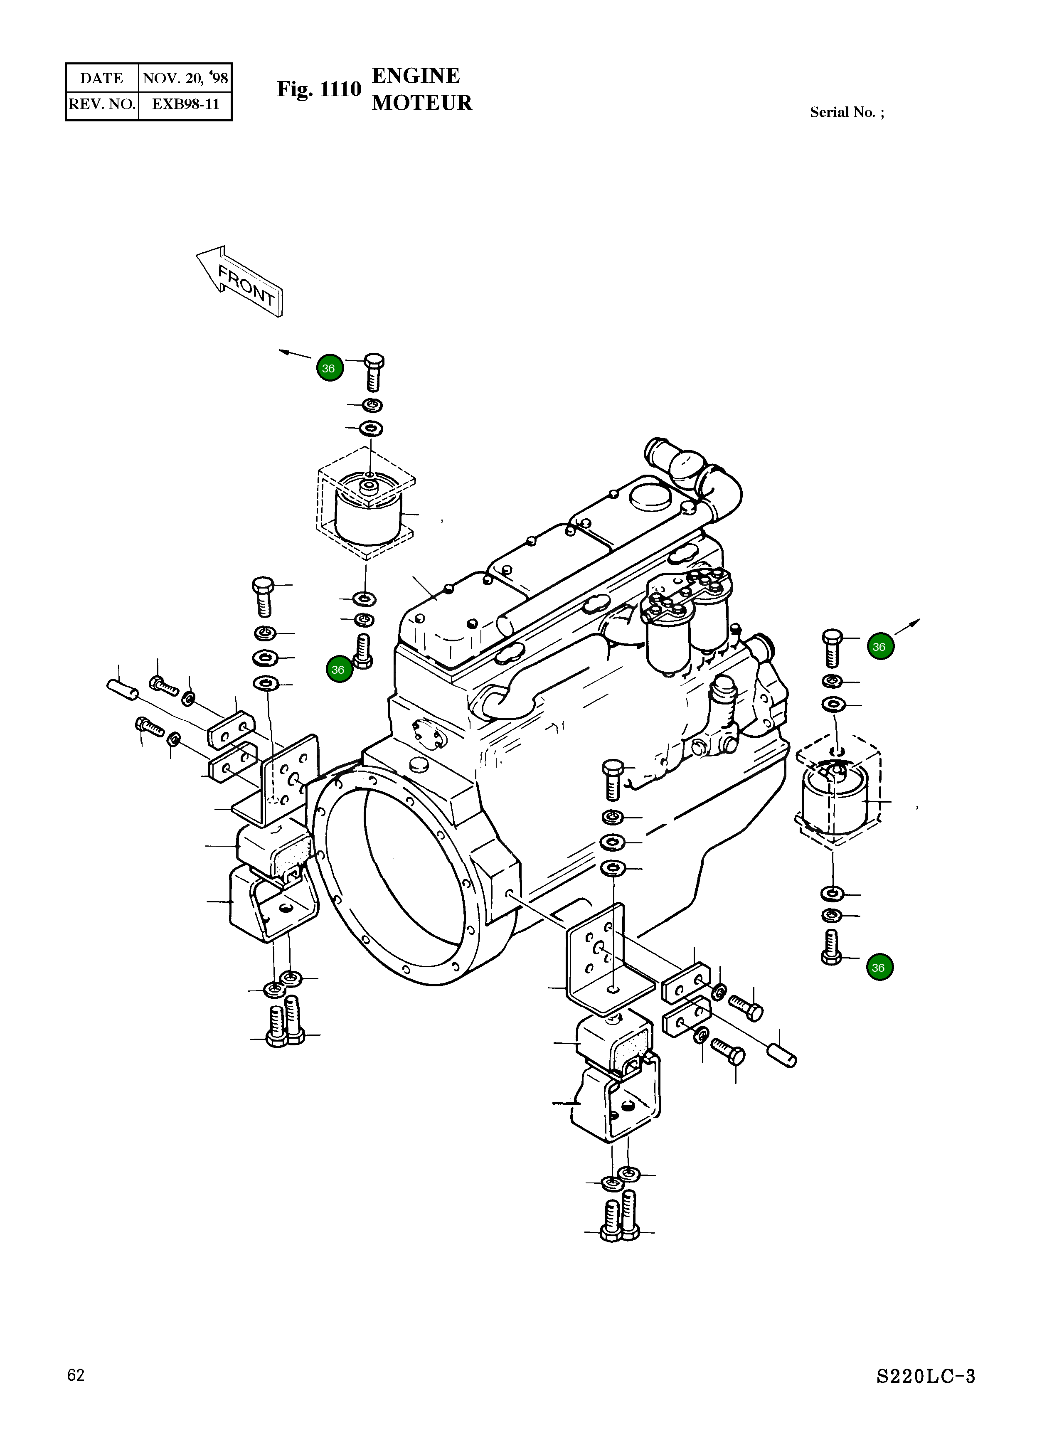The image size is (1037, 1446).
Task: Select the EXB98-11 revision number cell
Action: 185,104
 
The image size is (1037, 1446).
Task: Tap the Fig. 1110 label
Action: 319,89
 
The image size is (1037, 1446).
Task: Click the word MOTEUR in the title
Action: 421,103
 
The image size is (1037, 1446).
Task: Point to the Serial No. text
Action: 846,112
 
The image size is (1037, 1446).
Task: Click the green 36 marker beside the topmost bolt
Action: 330,368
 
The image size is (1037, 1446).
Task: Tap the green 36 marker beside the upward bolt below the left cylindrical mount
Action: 338,670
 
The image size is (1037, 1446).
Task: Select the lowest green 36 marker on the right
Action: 879,967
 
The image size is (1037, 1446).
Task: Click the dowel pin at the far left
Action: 121,689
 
